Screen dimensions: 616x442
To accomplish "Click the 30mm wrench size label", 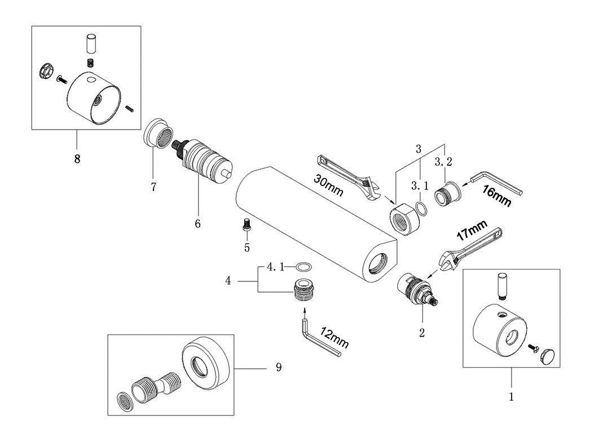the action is point(328,185).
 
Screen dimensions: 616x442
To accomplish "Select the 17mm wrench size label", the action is point(472,230).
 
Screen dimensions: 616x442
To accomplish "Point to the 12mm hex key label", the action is point(335,338).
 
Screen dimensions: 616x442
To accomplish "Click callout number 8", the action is point(77,159).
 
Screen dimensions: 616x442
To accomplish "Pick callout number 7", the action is point(153,187).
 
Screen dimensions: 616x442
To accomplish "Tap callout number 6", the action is point(197,224).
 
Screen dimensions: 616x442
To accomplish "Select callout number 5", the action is point(247,248).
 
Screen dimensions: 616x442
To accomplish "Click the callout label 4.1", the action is point(275,267).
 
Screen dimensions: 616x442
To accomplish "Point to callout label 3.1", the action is point(420,185).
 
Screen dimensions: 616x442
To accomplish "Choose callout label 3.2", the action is point(443,161).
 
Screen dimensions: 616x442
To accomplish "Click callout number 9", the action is point(279,368).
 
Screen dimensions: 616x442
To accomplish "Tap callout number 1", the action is point(511,397).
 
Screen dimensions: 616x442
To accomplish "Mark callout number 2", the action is point(422,333).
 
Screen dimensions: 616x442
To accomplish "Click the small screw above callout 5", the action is point(247,224).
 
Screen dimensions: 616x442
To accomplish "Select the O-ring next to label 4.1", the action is point(304,267).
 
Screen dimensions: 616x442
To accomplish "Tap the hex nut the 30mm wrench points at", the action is point(404,219).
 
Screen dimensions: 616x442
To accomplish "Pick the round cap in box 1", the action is point(548,356).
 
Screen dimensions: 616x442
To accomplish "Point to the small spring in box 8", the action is point(91,63).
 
